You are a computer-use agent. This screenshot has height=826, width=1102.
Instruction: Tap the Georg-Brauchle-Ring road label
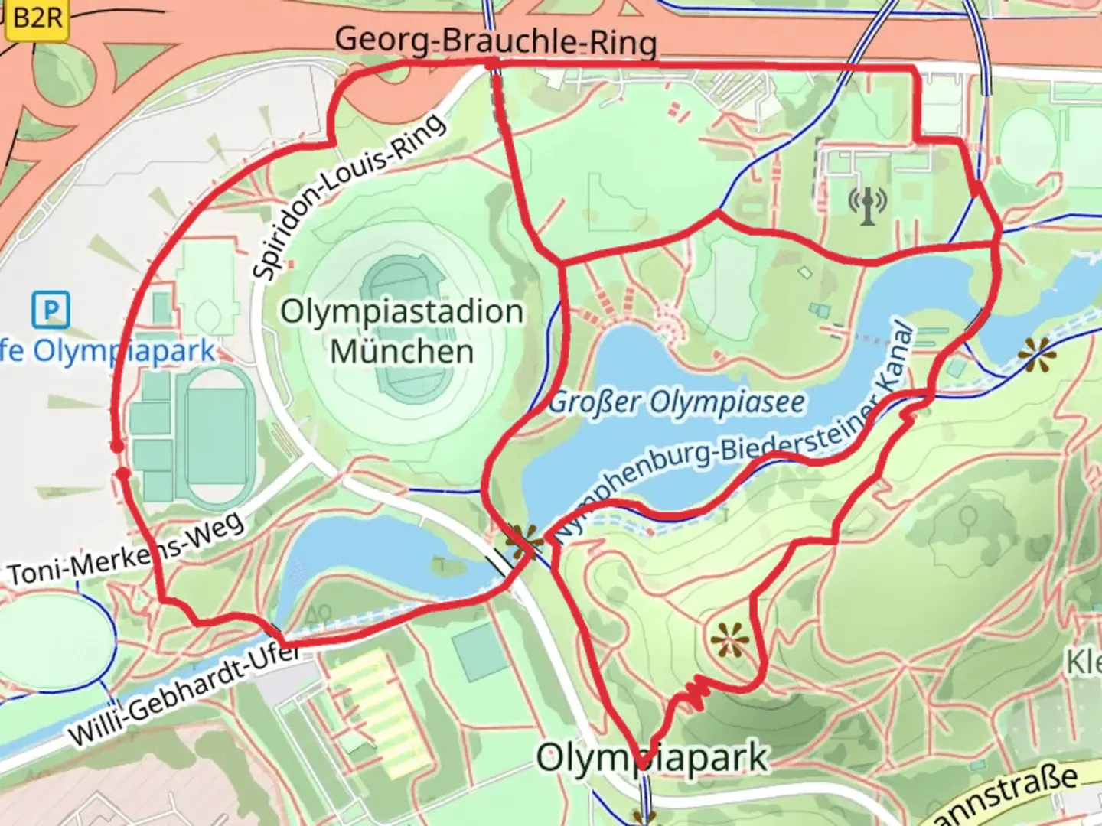(x=496, y=40)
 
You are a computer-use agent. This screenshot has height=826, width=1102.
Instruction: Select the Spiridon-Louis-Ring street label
(x=348, y=197)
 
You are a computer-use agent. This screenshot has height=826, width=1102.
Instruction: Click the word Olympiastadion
(x=402, y=312)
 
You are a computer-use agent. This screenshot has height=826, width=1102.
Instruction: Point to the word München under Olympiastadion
(x=402, y=352)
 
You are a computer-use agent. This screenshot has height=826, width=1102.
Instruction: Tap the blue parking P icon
(x=51, y=311)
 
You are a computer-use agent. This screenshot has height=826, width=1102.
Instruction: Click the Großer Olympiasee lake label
(x=677, y=402)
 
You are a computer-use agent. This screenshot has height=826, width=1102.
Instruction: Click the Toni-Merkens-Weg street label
(x=126, y=549)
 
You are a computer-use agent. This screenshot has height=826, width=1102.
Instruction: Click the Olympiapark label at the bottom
(x=651, y=758)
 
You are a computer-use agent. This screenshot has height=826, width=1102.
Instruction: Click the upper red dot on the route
(x=116, y=446)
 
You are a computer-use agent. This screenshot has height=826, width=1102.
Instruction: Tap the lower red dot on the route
(x=123, y=475)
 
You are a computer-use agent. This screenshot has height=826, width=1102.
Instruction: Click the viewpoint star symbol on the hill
(x=729, y=639)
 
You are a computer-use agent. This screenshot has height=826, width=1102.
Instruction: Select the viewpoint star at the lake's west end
(x=525, y=541)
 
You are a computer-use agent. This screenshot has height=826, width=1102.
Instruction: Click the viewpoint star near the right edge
(x=1036, y=356)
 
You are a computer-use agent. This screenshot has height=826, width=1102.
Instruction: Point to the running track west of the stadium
(x=217, y=436)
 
